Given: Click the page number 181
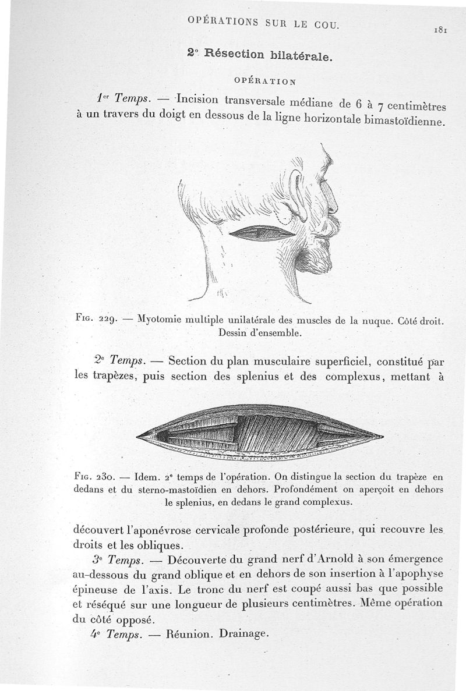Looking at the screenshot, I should coord(439,30).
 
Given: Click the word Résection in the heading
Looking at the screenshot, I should coord(229,56).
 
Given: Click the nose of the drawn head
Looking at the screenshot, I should coord(334,205).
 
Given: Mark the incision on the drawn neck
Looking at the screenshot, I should coord(263,233).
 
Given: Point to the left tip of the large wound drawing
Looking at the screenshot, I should coord(137,434).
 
